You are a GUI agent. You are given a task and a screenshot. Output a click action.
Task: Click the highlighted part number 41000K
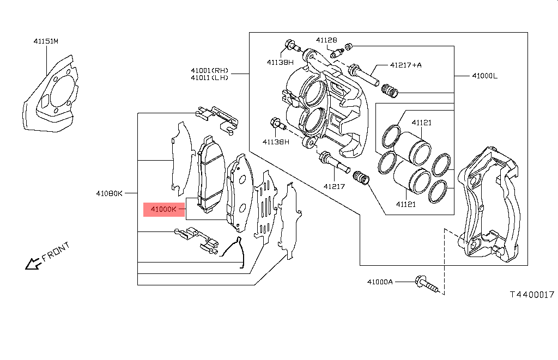tap(164, 209)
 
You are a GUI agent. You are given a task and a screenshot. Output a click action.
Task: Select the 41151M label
tap(46, 41)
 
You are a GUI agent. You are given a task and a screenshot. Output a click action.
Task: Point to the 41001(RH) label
tap(209, 70)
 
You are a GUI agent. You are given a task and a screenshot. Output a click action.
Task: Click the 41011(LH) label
tap(209, 77)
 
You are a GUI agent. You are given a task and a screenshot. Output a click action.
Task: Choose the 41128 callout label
tap(326, 40)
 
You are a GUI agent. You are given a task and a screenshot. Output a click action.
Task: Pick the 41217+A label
tap(405, 65)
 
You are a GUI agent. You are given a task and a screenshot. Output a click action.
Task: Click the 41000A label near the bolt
tap(379, 282)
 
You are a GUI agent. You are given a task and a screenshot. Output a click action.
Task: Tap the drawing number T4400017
tap(531, 294)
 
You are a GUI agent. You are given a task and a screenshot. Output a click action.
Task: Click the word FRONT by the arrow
tap(56, 252)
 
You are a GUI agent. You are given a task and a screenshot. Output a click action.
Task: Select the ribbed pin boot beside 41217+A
tap(389, 90)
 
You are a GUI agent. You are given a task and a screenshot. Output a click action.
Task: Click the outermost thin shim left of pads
tap(180, 158)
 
